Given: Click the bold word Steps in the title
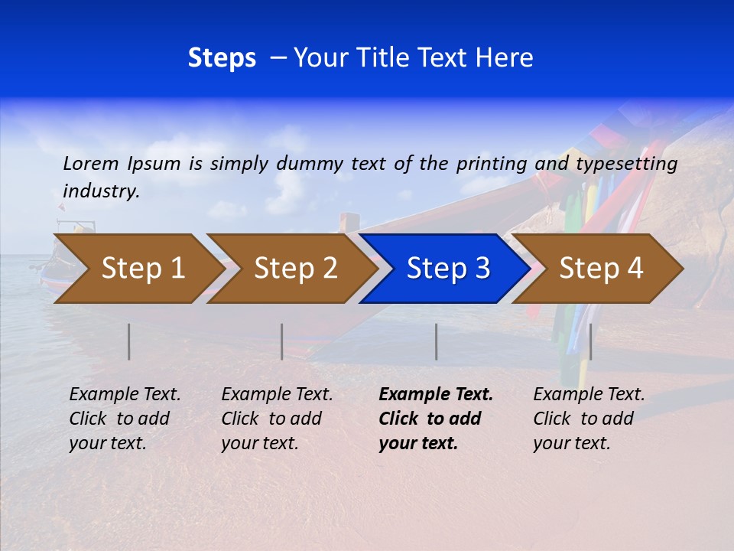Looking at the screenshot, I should (x=222, y=58).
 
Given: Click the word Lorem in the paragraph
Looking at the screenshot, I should (x=90, y=163).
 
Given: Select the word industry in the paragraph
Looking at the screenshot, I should (x=101, y=191).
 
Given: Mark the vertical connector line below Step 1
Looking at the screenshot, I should (x=129, y=341).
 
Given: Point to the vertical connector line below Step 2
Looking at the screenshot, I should (x=282, y=341).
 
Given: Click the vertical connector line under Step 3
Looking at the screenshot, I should (x=437, y=341).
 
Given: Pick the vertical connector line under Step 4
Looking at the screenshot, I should (x=590, y=341).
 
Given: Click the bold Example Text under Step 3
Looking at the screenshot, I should (x=436, y=395).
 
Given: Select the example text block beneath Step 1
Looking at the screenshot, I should (x=125, y=419).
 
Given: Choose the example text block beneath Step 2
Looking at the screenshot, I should (x=277, y=419).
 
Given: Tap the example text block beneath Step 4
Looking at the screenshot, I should (x=589, y=419).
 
